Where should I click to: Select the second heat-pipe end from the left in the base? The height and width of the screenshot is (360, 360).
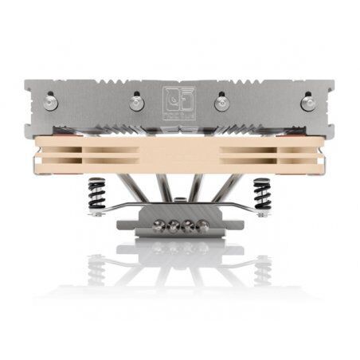173,224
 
